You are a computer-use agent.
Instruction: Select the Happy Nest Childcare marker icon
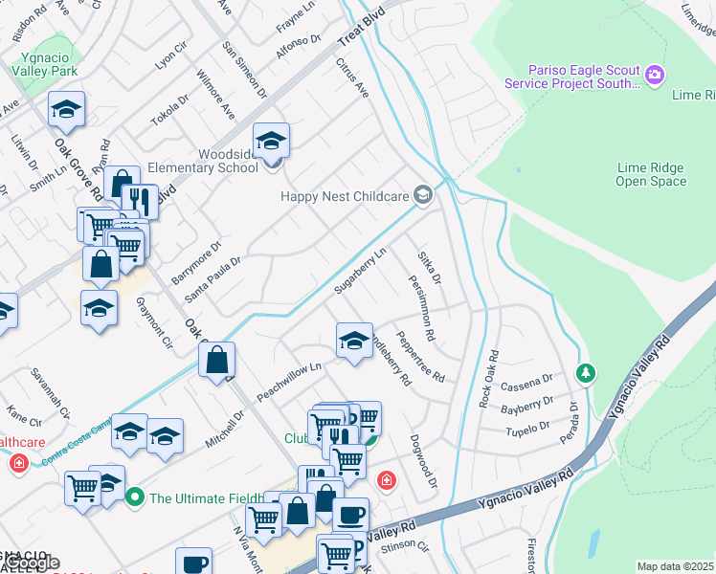click(422, 195)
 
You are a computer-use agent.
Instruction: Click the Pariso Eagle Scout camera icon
click(655, 75)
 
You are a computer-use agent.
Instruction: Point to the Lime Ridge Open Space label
click(651, 174)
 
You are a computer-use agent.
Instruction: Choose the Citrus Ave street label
click(352, 77)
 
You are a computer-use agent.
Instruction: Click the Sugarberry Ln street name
click(360, 271)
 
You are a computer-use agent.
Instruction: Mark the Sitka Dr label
click(429, 268)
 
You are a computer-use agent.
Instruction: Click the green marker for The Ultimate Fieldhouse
click(134, 497)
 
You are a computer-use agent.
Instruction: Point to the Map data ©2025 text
click(675, 566)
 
